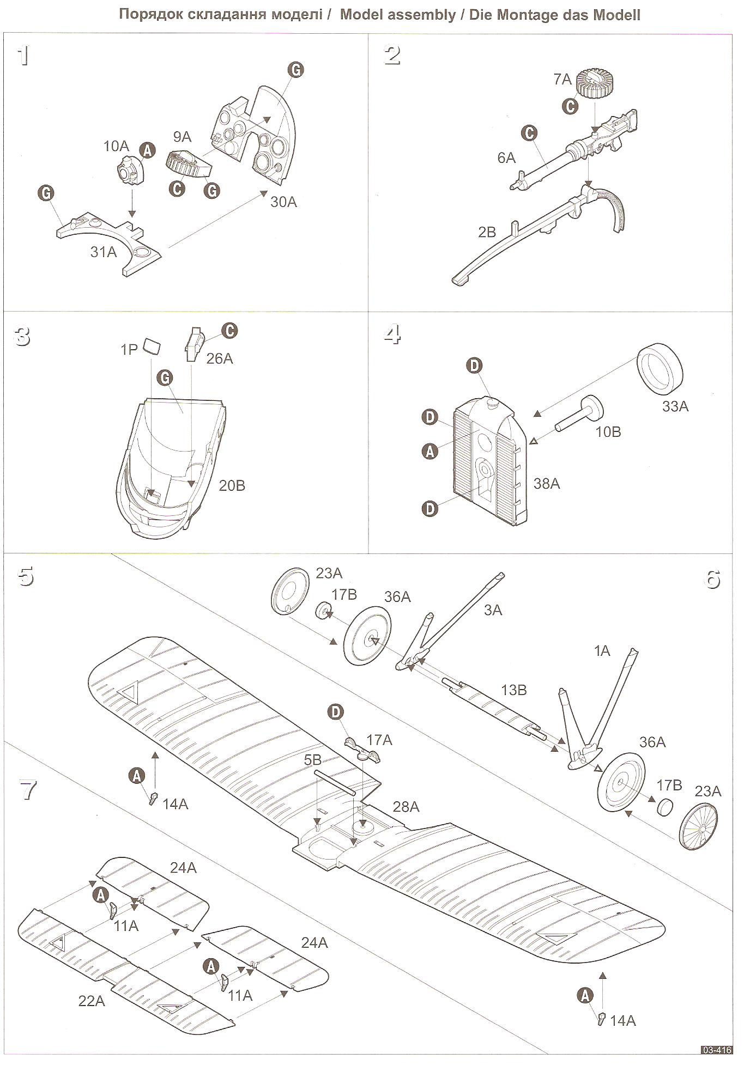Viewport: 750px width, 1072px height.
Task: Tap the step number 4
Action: pos(392,334)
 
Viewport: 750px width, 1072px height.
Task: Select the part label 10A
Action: pos(116,146)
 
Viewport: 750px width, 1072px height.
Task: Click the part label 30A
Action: pos(283,202)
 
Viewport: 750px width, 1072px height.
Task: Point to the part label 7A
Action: pos(562,80)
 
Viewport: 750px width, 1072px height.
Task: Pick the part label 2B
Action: pos(487,232)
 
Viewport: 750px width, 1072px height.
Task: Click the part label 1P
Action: pos(129,349)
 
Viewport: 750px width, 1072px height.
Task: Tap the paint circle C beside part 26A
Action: pos(229,331)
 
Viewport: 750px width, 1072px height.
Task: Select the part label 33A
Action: pos(675,406)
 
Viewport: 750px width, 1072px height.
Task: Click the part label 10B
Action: pos(608,431)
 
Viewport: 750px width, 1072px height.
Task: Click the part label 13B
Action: pos(513,690)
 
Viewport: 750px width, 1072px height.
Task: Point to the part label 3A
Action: pos(493,610)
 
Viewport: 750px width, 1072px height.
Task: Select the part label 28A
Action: pos(406,807)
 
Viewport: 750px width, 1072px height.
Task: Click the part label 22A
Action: pos(92,1001)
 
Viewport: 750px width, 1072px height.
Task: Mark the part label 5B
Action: pos(313,759)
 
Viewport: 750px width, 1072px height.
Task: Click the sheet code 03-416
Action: pos(716,1050)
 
